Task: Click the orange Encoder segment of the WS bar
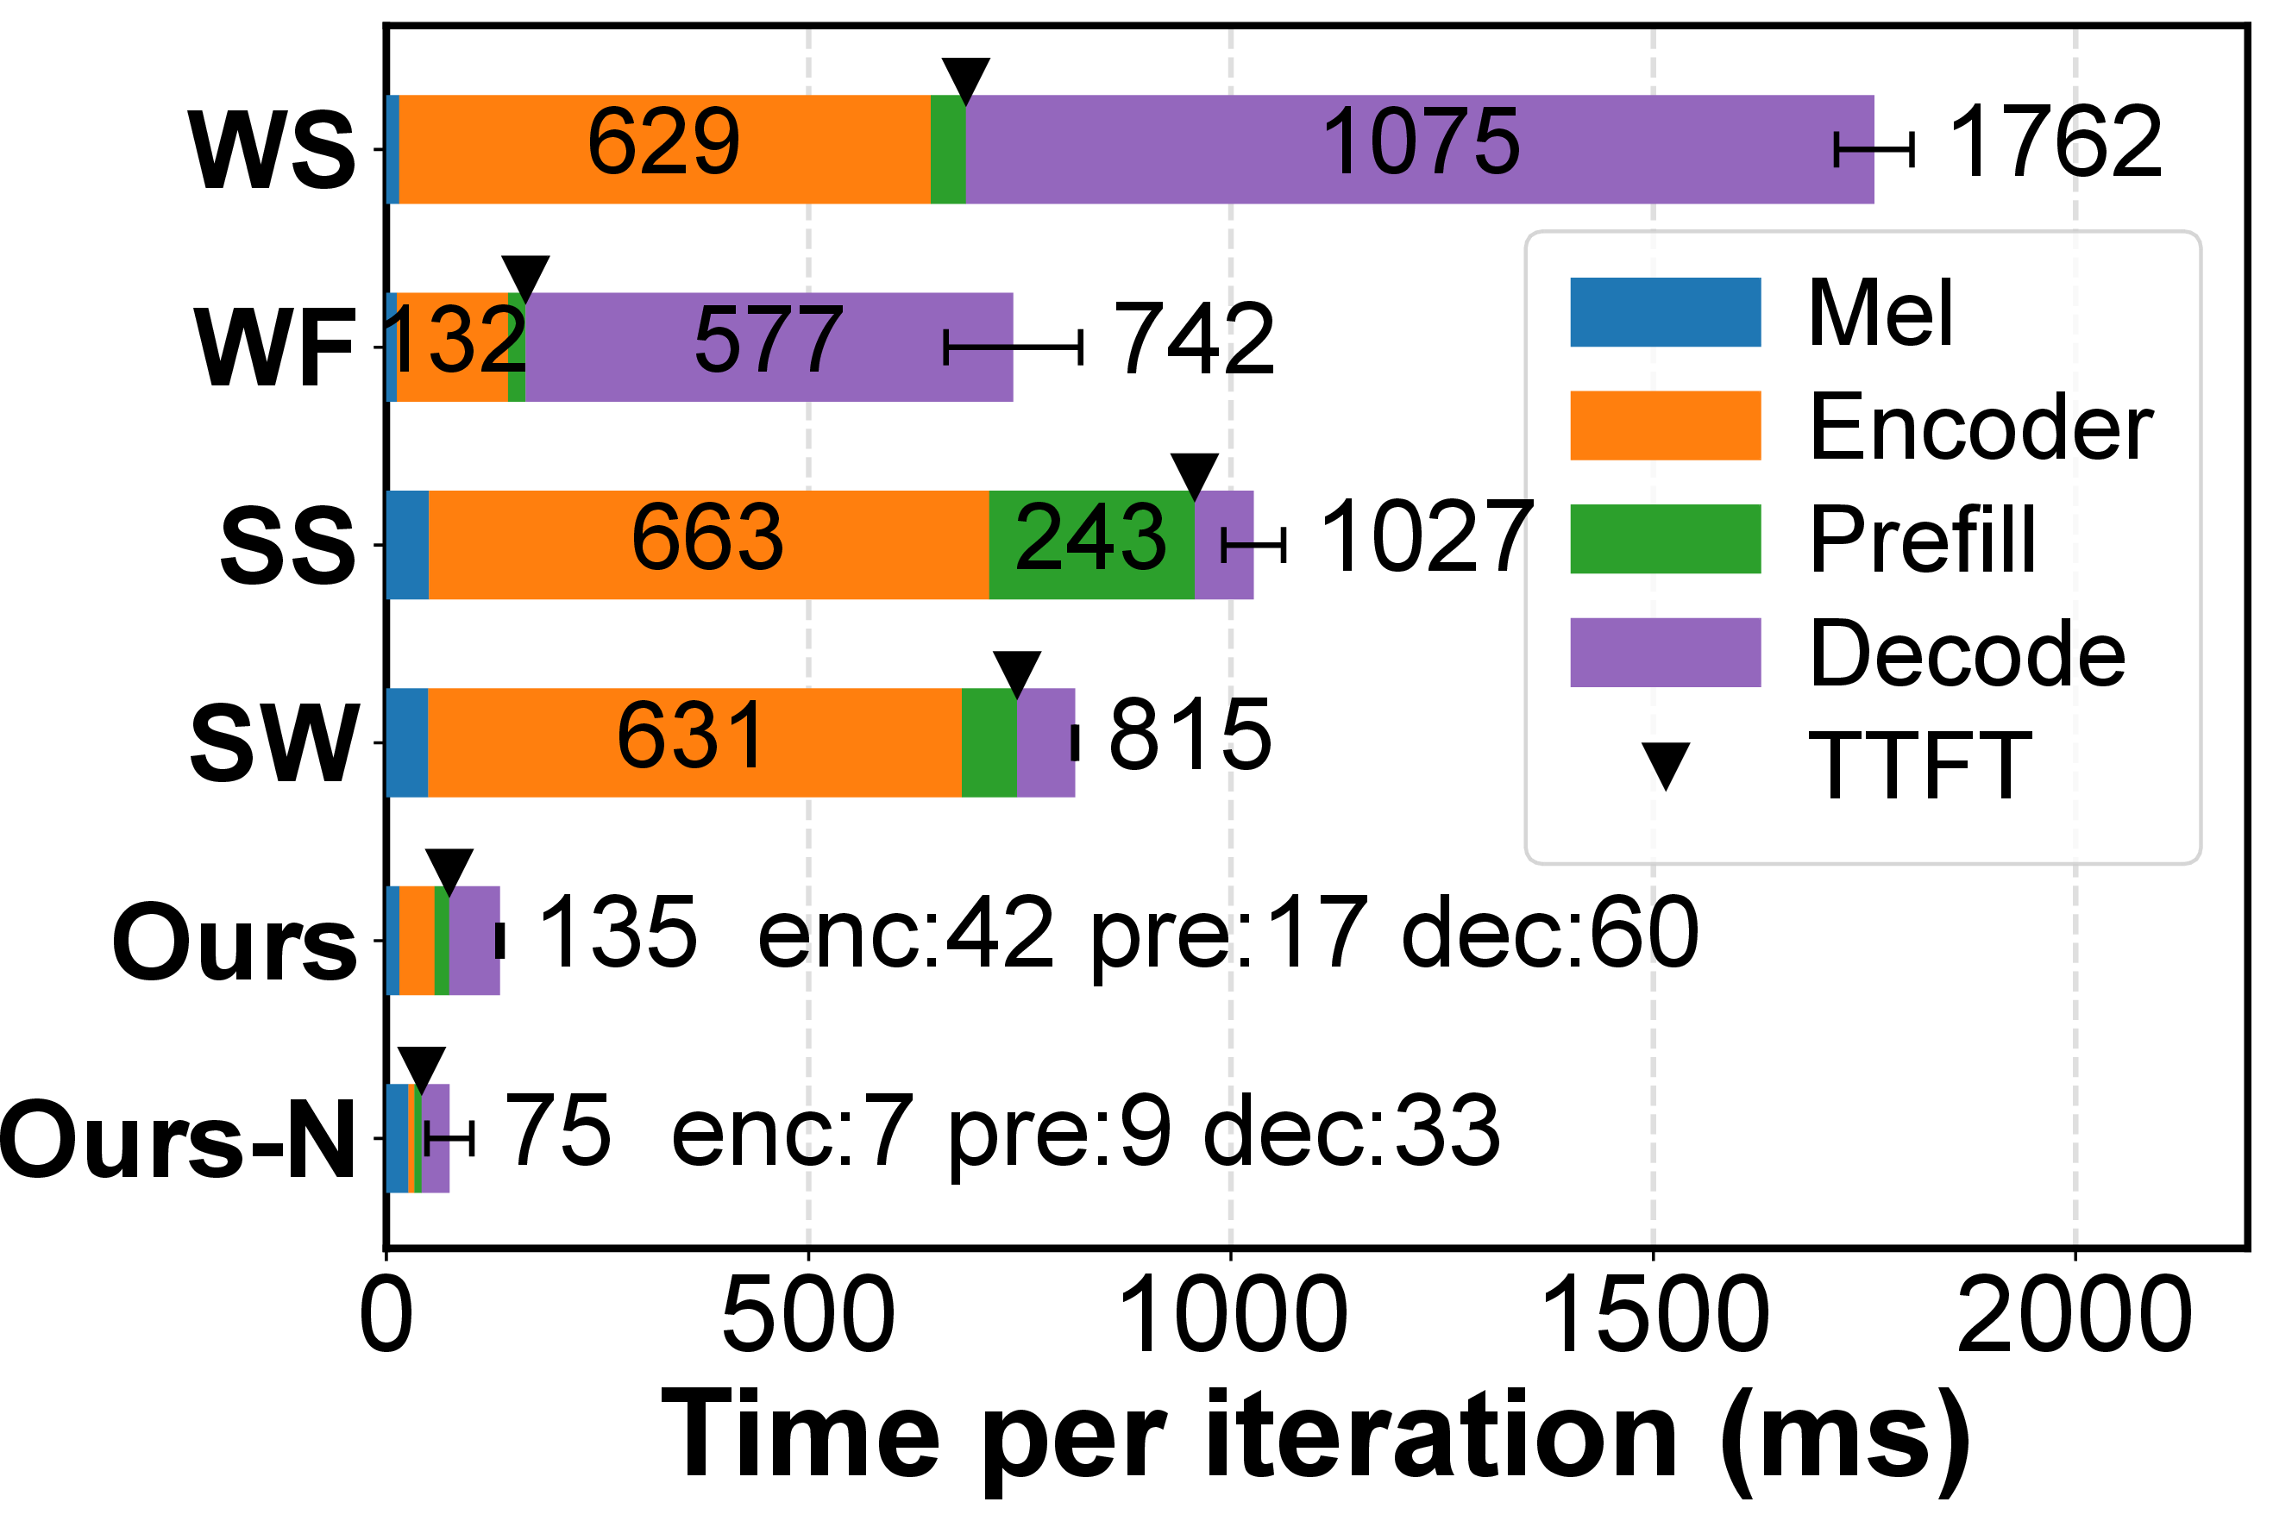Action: (x=664, y=149)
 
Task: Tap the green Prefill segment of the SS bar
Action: (x=1091, y=544)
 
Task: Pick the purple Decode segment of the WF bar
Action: (x=769, y=347)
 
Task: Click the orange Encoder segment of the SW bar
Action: (x=694, y=742)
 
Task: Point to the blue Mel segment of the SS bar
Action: (x=407, y=544)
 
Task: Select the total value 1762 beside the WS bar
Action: (x=2055, y=143)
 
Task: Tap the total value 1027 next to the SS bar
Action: (x=1425, y=536)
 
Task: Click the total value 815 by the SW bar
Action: (x=1190, y=735)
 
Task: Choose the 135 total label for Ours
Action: (x=618, y=933)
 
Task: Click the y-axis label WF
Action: (x=276, y=347)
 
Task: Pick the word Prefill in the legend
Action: (x=1922, y=539)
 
